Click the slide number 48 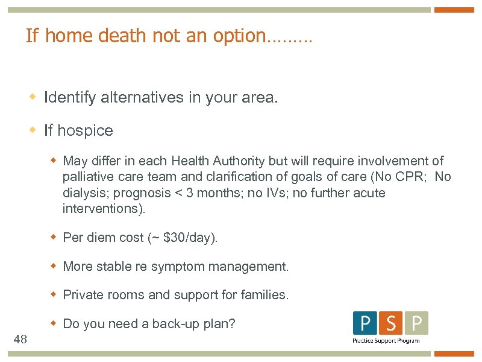pos(20,340)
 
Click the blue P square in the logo pos(365,323)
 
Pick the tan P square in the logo pos(416,323)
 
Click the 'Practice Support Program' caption pos(386,341)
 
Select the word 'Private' pos(83,295)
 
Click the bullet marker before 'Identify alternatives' pos(34,97)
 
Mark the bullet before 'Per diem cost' pos(53,237)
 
